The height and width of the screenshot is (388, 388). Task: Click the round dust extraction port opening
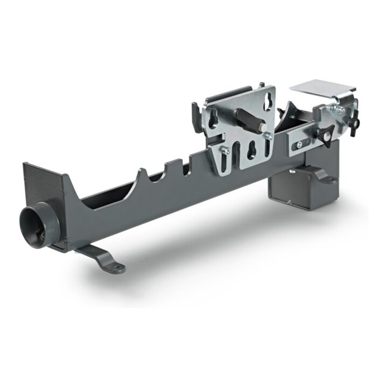[35, 225]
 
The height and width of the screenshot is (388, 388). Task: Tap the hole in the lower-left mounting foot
[117, 266]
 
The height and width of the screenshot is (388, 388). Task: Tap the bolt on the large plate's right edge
[268, 137]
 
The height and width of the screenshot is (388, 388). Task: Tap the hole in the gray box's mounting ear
[332, 179]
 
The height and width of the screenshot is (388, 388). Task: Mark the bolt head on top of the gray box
[291, 171]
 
